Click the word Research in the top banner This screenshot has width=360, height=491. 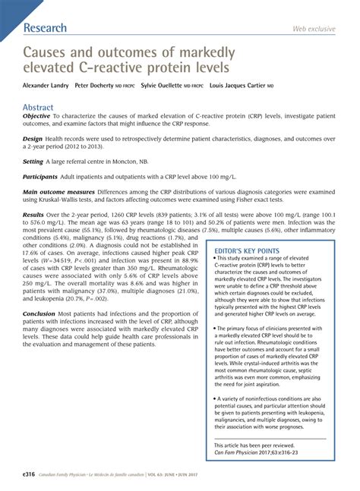pos(46,28)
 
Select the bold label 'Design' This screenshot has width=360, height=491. pos(33,161)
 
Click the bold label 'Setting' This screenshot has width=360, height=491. pos(33,183)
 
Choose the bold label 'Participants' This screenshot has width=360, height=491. pos(41,197)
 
